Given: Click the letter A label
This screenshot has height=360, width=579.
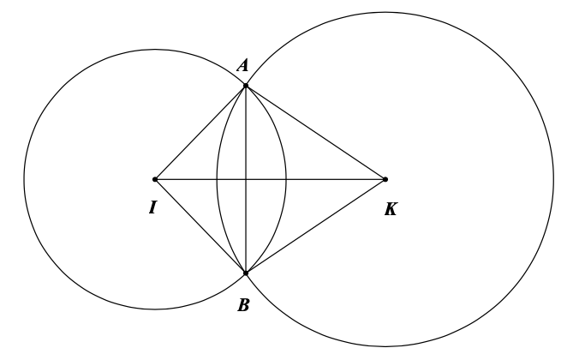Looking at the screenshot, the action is (242, 66).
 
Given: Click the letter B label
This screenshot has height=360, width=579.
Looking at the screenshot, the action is (243, 305).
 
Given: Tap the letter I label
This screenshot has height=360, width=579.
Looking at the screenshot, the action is (152, 207).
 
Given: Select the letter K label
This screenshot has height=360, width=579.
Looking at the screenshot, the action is (391, 209).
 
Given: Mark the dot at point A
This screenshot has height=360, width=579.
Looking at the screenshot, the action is (246, 86).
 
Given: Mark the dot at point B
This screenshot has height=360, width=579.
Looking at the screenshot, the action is (246, 273).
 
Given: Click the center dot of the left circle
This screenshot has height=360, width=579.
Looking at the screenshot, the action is (155, 179).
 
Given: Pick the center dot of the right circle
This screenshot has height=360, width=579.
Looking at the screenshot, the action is (385, 179).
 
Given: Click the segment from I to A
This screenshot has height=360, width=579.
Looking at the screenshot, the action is (200, 133).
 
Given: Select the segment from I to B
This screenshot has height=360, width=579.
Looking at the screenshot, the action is (200, 226).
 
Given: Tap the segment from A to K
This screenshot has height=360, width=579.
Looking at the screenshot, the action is (315, 133).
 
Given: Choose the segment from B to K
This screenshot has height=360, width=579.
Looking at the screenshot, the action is (315, 226).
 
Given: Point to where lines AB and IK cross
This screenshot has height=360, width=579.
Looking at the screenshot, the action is (246, 179).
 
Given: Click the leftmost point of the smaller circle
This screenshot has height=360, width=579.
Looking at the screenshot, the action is (24, 179).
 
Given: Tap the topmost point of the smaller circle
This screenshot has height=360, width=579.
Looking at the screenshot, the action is (155, 50).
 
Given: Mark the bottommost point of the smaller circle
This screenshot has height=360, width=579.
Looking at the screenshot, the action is (155, 309).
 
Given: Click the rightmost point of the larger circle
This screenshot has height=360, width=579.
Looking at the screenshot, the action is (553, 179).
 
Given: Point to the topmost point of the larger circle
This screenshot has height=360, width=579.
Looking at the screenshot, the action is (385, 12).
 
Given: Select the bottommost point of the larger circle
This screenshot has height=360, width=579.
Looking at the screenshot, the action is (385, 346).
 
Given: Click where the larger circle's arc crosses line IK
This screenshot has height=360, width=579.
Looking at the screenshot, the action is (218, 179).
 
